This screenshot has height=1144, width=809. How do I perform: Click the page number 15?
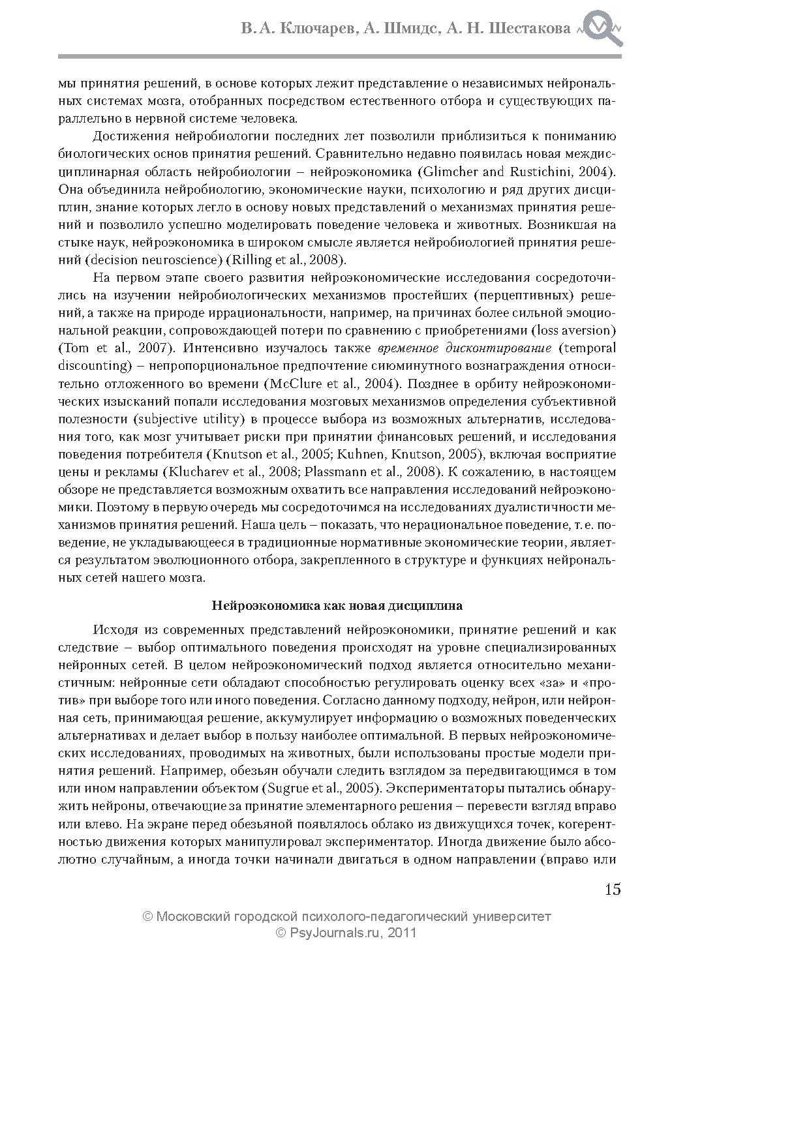[612, 890]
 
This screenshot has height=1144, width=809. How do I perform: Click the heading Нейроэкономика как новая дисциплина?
[337, 605]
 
